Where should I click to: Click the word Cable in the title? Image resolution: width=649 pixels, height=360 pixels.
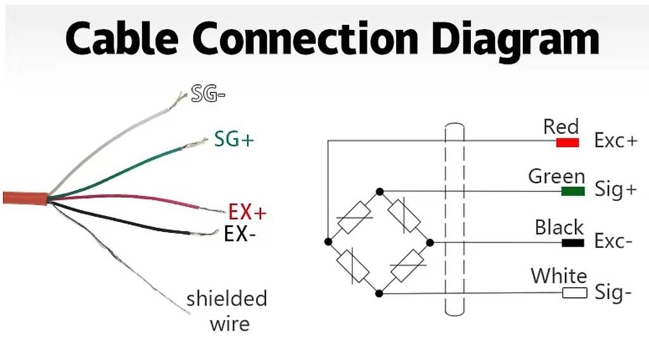pyautogui.click(x=122, y=37)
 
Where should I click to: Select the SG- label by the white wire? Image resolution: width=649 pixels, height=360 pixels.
pyautogui.click(x=208, y=94)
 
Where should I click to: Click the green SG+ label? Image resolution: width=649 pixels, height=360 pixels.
pyautogui.click(x=234, y=139)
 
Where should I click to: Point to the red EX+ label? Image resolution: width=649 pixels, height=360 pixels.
pyautogui.click(x=247, y=212)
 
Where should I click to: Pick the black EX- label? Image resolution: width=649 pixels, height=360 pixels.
pyautogui.click(x=239, y=234)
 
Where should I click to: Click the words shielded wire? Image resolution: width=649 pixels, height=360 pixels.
pyautogui.click(x=227, y=311)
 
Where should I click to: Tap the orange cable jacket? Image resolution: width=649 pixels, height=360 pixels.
pyautogui.click(x=25, y=198)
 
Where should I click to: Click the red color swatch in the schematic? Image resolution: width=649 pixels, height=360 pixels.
pyautogui.click(x=567, y=143)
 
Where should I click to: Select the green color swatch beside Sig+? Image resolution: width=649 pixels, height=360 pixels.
pyautogui.click(x=573, y=191)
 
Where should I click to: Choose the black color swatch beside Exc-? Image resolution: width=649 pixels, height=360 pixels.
pyautogui.click(x=573, y=243)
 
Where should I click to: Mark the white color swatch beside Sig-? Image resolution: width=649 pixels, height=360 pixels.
pyautogui.click(x=574, y=293)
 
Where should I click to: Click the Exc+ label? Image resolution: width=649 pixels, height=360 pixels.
pyautogui.click(x=615, y=141)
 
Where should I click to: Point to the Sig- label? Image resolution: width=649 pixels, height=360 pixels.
pyautogui.click(x=613, y=293)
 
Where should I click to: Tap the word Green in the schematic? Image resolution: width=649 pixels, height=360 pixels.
pyautogui.click(x=556, y=176)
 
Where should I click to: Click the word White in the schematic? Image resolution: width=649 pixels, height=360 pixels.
pyautogui.click(x=559, y=276)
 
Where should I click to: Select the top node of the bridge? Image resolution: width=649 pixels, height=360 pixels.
pyautogui.click(x=380, y=191)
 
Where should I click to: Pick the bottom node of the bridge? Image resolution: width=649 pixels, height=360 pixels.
pyautogui.click(x=379, y=293)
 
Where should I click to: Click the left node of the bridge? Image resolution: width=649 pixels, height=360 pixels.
pyautogui.click(x=328, y=241)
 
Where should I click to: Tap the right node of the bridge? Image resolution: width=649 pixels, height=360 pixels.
pyautogui.click(x=430, y=243)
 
